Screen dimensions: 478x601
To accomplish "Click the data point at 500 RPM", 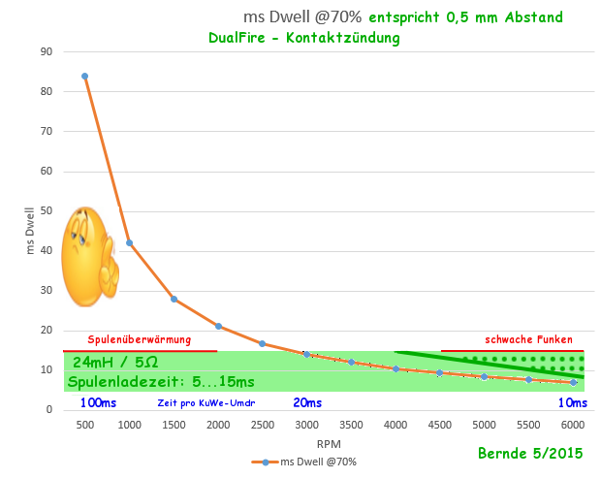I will pos(84,76).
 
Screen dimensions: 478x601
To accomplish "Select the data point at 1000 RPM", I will pos(129,242).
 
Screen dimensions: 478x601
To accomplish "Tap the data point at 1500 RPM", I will pos(174,299).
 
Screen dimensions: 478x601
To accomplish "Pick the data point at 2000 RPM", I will pos(218,326).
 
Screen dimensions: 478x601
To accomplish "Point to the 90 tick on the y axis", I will pos(46,51).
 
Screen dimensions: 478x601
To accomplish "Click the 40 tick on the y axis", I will pos(46,250).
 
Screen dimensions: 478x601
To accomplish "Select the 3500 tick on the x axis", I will pos(351,426).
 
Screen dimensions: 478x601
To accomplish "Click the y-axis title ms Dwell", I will pos(30,230).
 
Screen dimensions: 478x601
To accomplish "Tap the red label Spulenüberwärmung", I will pos(139,340).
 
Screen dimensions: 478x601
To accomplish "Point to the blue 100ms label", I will pos(98,402).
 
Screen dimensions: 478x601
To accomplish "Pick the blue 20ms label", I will pos(307,402).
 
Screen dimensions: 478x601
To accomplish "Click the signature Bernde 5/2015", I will pos(529,453).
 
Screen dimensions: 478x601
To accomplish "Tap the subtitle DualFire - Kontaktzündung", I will pos(303,38).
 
